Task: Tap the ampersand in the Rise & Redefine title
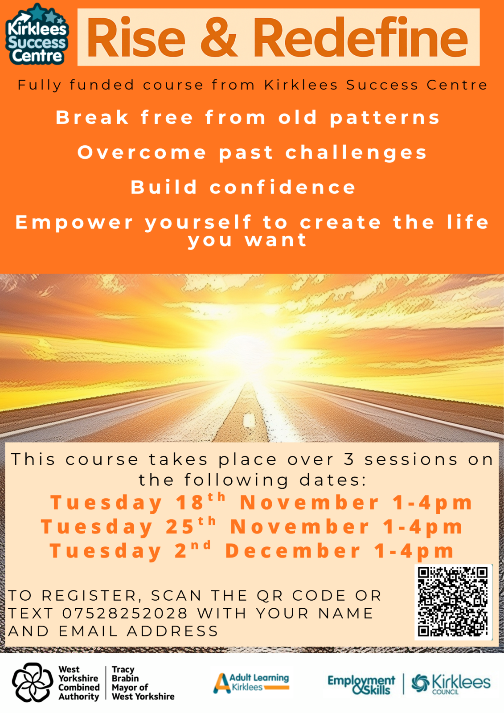pos(219,37)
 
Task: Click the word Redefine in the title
pos(360,37)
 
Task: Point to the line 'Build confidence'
pos(243,187)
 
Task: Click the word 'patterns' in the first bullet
pos(385,118)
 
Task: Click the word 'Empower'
pos(74,222)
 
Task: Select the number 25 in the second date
pos(180,527)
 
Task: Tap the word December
pos(293,551)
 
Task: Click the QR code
pos(453,602)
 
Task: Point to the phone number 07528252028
pos(125,614)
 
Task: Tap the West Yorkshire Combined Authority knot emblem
pos(32,682)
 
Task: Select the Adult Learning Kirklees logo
pos(251,683)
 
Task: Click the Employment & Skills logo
pos(361,684)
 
